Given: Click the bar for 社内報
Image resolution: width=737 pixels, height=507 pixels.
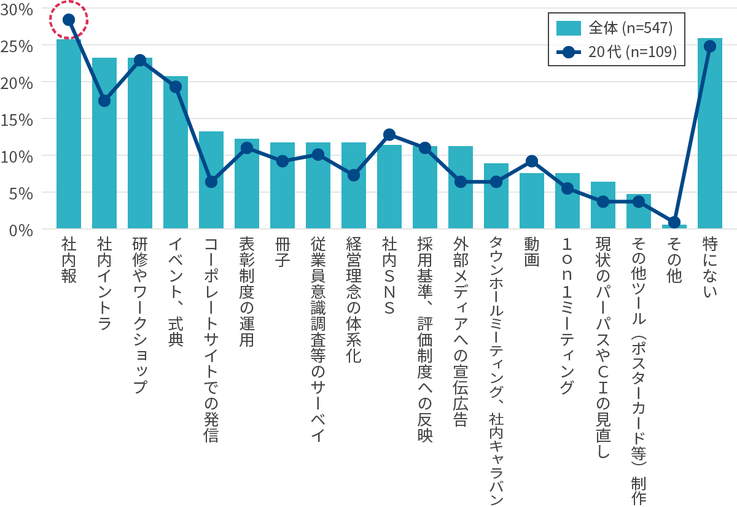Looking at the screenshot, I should [69, 135].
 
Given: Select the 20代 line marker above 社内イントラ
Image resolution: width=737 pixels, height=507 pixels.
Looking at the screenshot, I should [104, 101].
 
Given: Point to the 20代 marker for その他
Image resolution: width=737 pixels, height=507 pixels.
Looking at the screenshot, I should [674, 222].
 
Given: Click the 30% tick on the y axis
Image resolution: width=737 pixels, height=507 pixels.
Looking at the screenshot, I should [17, 8].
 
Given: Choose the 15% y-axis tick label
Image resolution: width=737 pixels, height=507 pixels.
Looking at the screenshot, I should [17, 118].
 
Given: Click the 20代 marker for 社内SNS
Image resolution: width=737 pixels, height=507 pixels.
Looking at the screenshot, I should [389, 134].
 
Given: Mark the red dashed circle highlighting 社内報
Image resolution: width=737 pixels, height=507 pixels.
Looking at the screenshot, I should [69, 20].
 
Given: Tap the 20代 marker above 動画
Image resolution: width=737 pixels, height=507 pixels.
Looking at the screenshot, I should [532, 161].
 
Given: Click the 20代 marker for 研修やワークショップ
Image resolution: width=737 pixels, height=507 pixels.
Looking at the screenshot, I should [140, 60].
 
